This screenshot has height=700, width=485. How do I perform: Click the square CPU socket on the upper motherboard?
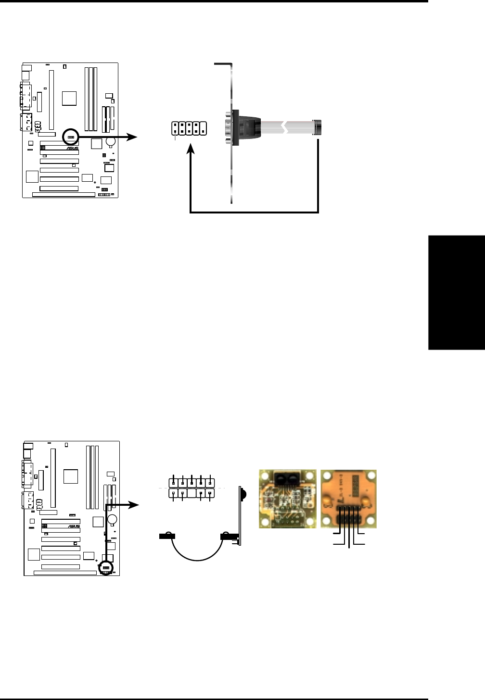point(69,98)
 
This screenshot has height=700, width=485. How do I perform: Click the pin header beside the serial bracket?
point(189,128)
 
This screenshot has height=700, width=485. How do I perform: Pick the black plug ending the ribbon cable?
point(318,127)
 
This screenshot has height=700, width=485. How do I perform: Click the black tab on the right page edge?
point(456,288)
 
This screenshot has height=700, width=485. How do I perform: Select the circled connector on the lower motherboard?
point(105,568)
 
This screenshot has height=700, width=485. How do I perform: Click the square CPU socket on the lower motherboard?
point(71,476)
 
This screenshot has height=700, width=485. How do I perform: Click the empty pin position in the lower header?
point(191,493)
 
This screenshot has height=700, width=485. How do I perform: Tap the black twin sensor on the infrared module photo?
point(287,478)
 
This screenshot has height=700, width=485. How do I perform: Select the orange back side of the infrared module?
point(348,499)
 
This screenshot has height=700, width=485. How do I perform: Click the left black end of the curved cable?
point(166,536)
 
